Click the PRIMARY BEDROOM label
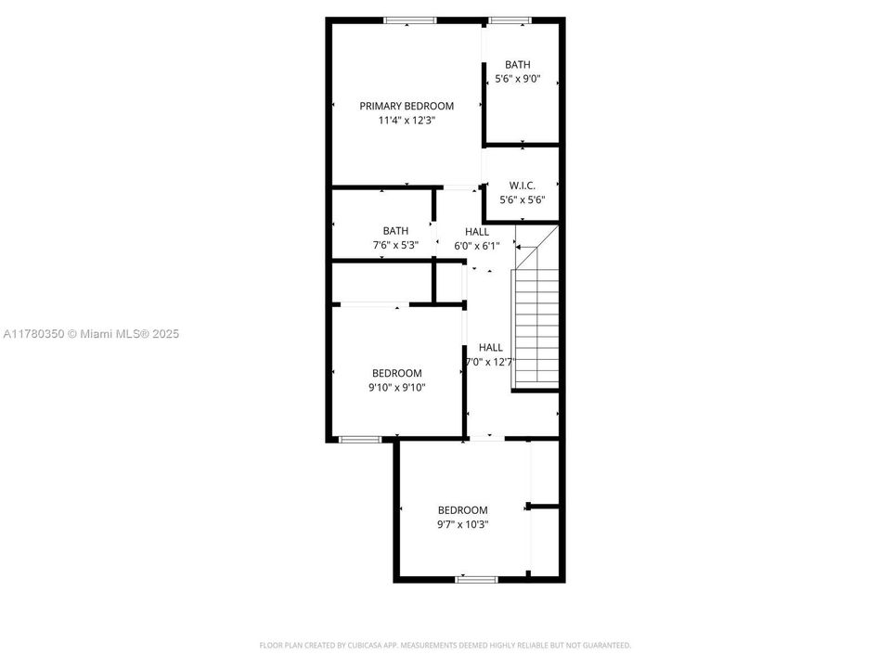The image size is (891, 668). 407,106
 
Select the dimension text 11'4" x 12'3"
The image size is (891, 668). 407,121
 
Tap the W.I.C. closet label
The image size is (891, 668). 523,186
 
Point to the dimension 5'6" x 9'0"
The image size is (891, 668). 518,79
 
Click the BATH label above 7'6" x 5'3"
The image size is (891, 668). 395,231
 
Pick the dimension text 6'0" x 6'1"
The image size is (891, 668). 477,246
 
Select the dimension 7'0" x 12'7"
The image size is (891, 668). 490,362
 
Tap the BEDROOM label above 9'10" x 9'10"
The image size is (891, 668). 396,373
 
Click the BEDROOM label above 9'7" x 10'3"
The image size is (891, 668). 462,509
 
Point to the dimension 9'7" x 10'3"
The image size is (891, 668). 462,524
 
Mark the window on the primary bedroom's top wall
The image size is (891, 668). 410,19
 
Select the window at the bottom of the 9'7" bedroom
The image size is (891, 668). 476,579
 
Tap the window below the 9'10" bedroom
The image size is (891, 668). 358,439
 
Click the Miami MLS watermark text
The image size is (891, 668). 91,333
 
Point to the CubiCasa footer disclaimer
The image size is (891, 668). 445,645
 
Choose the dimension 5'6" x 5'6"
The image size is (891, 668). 523,199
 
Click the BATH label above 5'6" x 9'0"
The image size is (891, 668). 518,64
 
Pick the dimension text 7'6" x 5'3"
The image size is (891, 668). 395,246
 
